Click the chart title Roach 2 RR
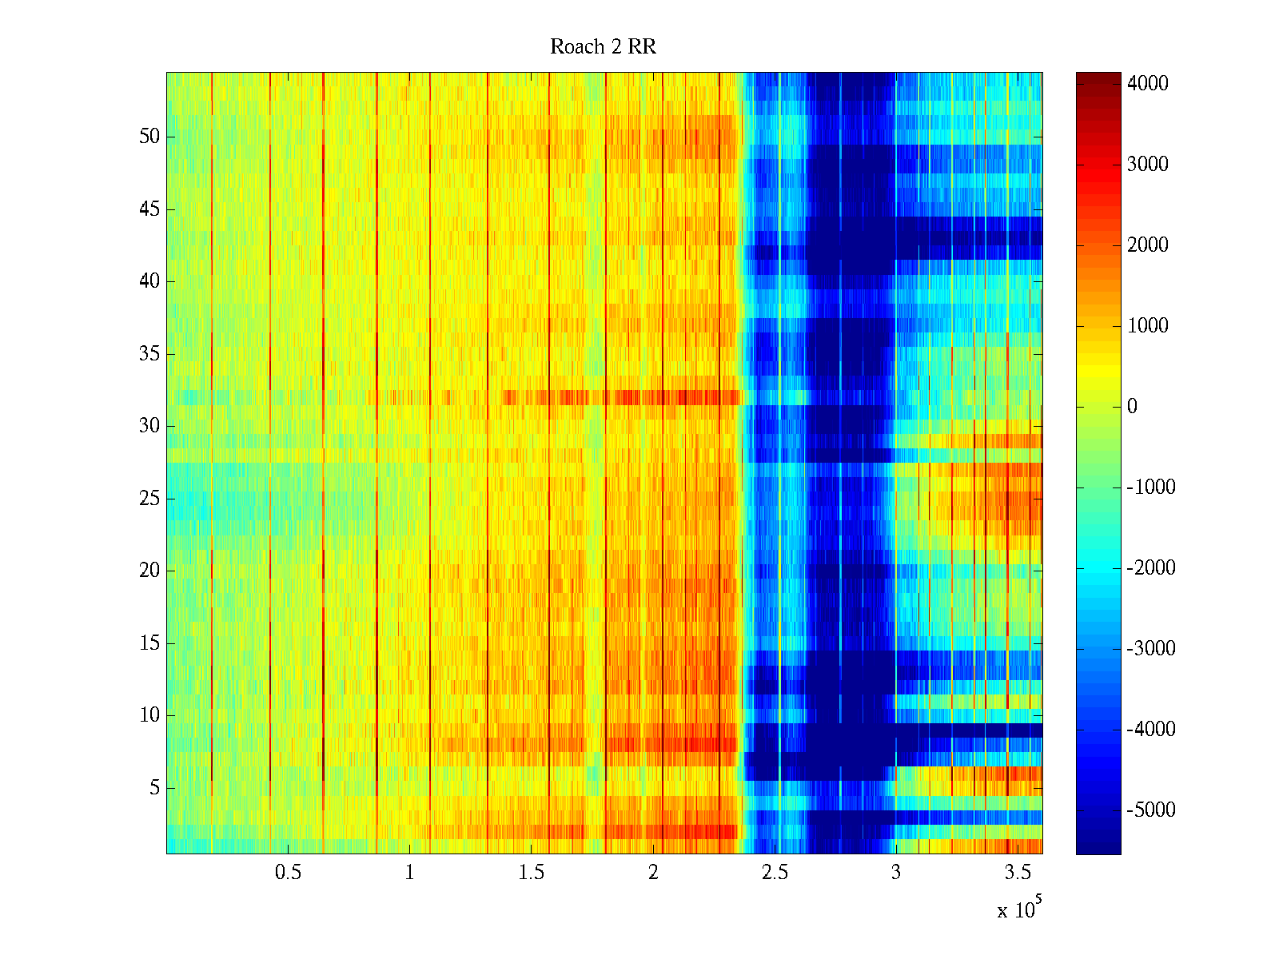coord(603,47)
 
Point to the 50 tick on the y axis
coord(149,137)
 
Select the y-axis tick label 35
coord(149,354)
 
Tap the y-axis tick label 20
coord(149,571)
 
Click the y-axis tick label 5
coord(154,788)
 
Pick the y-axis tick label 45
coord(149,209)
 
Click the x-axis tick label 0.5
coord(288,873)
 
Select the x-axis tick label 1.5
coord(531,873)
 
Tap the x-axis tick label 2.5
coord(775,873)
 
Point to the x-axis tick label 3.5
coord(1018,873)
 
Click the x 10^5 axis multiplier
coord(1019,909)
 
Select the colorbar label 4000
coord(1147,84)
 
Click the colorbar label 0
coord(1132,407)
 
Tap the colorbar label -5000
coord(1150,810)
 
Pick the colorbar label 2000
coord(1147,245)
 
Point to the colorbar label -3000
coord(1150,649)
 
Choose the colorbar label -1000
coord(1150,487)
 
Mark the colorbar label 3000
coord(1147,165)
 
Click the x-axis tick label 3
coord(896,873)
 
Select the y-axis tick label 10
coord(149,715)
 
